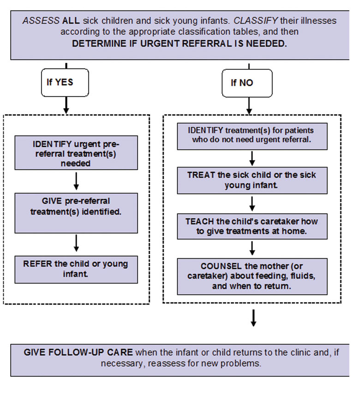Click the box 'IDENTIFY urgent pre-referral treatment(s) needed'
pos(76,152)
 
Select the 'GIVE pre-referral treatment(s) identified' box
pos(76,213)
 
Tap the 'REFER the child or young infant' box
pos(76,269)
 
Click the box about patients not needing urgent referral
pos(252,136)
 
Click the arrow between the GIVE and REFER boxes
pos(77,243)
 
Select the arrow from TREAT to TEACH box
pos(252,203)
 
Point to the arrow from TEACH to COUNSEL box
pos(252,249)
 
